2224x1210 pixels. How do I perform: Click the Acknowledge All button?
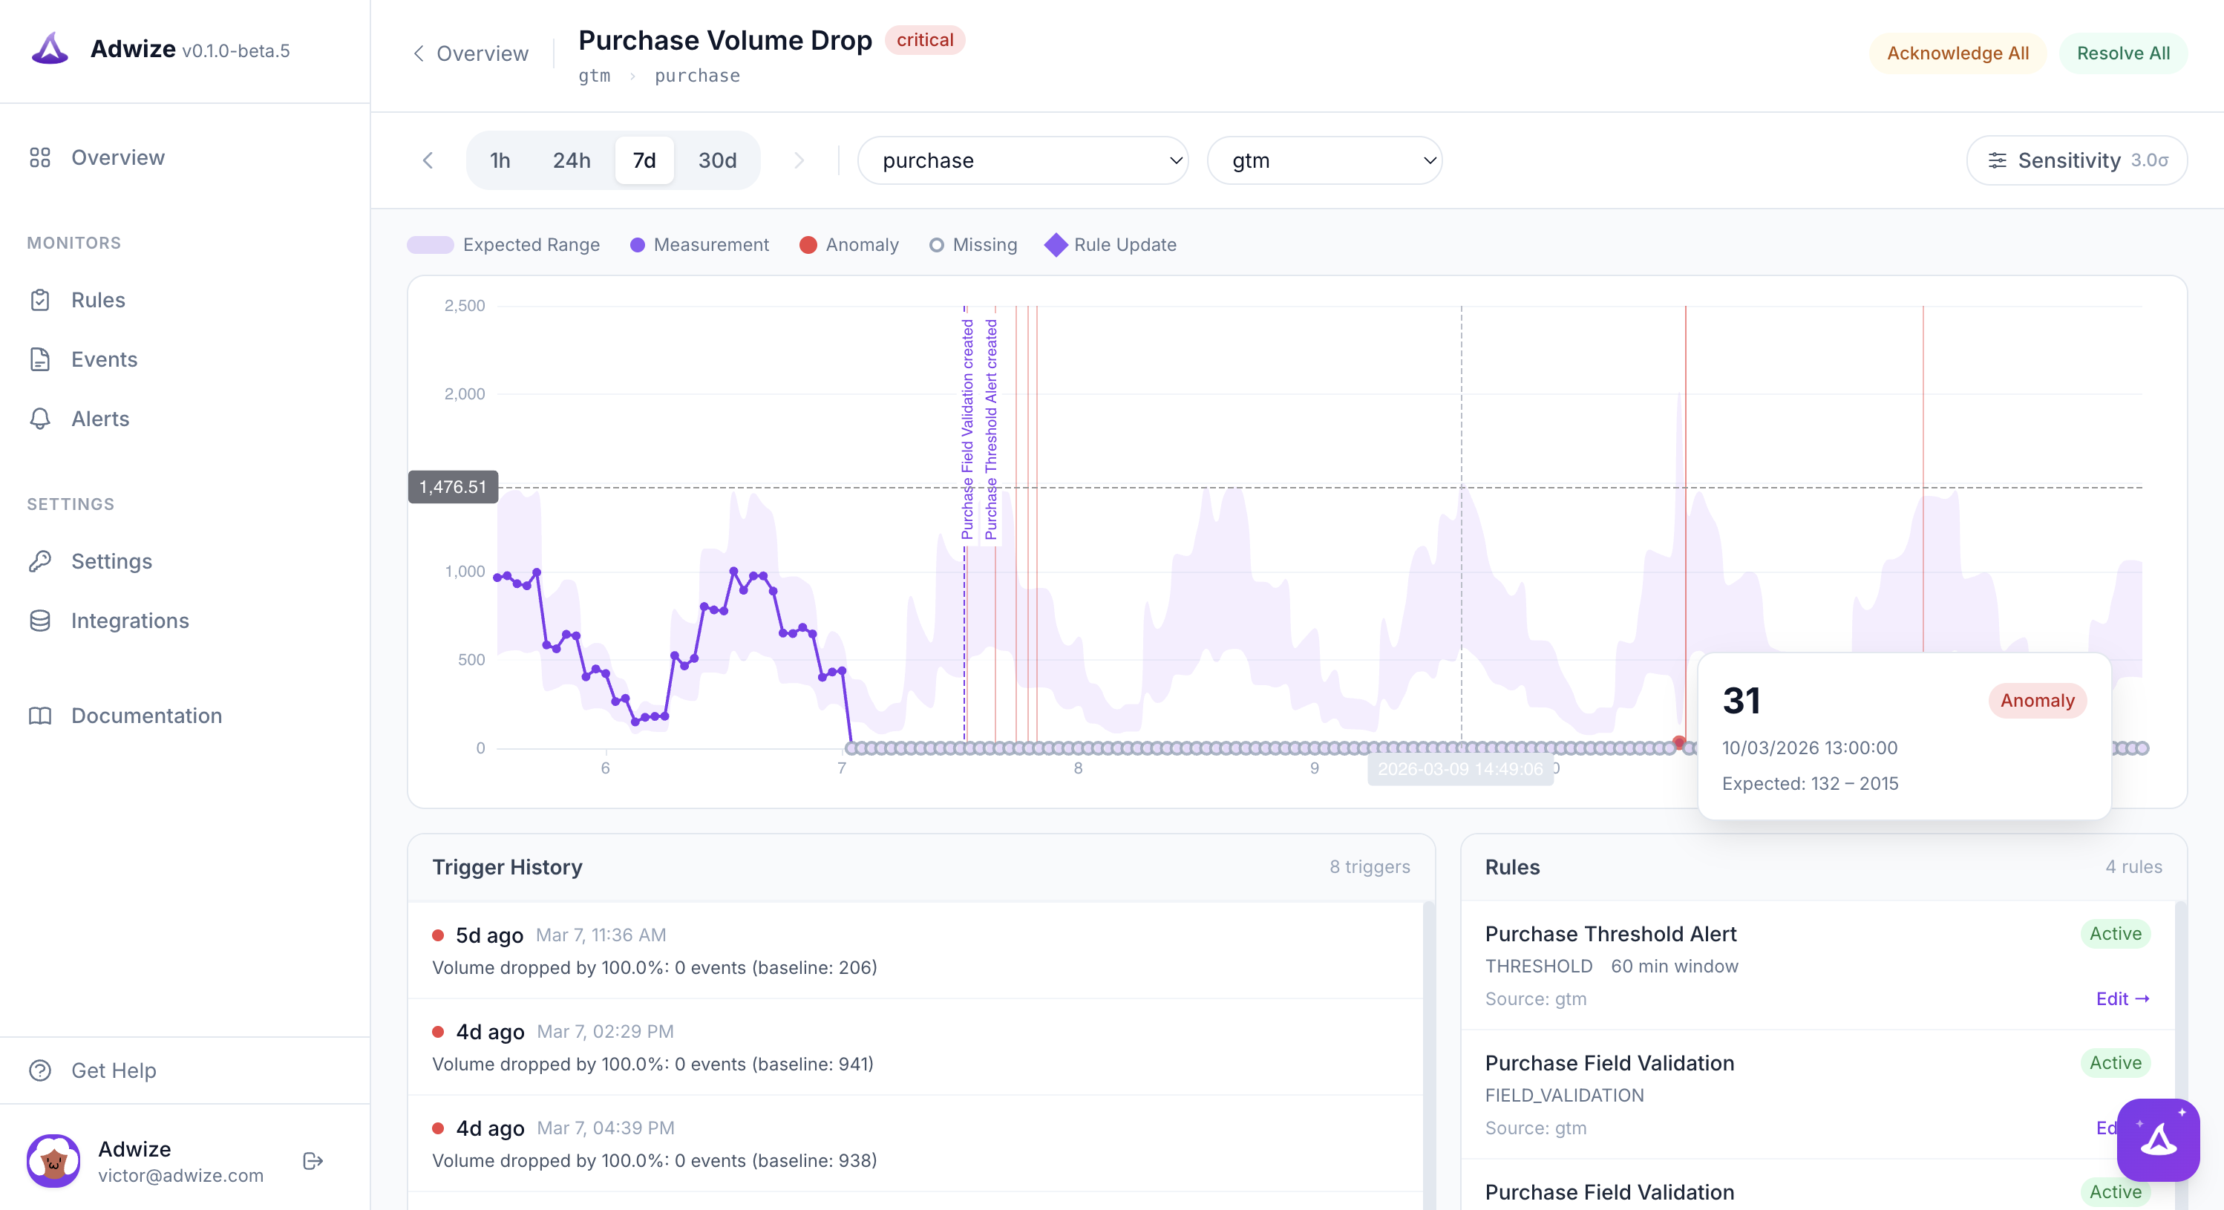[1958, 53]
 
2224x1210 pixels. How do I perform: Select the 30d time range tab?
[716, 160]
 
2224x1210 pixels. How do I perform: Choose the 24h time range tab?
[572, 160]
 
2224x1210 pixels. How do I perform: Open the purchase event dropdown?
[1022, 160]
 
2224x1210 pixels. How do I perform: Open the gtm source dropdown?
[1324, 160]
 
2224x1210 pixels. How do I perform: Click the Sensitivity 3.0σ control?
[2076, 160]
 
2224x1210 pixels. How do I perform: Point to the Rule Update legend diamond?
[1055, 245]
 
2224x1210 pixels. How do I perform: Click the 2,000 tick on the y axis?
[465, 394]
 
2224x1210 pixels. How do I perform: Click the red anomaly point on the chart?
[1678, 742]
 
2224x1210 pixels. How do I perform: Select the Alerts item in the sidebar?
[100, 419]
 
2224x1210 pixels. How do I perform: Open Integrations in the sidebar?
[129, 621]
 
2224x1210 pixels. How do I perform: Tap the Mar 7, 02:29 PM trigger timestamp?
[605, 1032]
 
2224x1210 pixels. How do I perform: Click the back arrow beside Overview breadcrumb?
[419, 53]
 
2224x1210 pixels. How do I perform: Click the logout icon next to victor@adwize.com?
[313, 1162]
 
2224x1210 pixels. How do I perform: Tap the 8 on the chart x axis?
[1077, 768]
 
